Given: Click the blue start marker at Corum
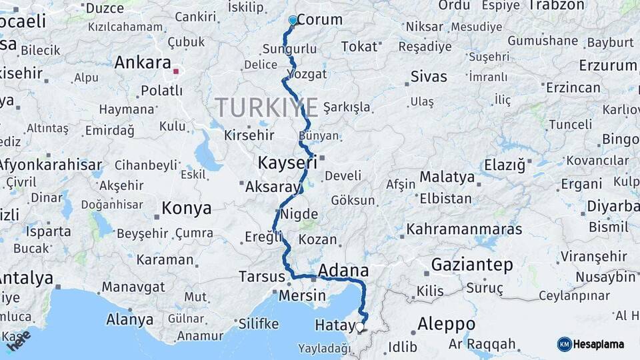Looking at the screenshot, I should (x=292, y=21).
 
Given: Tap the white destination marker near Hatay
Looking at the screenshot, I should (x=360, y=327).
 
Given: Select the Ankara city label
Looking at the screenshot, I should (x=143, y=63).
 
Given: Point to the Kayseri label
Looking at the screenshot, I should (x=287, y=163).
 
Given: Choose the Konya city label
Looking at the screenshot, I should (x=187, y=208).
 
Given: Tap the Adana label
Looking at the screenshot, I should (x=343, y=270).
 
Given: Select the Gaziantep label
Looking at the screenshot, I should (x=472, y=265).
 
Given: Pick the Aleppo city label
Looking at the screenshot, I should (x=446, y=325).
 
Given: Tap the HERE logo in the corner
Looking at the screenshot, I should (x=19, y=341).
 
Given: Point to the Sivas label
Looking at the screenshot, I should (x=429, y=76).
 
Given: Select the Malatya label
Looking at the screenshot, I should (x=447, y=177).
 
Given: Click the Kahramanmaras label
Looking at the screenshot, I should (x=465, y=229).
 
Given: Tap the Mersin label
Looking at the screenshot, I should (x=303, y=295).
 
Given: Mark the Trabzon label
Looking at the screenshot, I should (x=556, y=5).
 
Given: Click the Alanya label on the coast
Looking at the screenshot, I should (x=130, y=319).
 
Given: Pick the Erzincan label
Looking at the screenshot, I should (x=573, y=87).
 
